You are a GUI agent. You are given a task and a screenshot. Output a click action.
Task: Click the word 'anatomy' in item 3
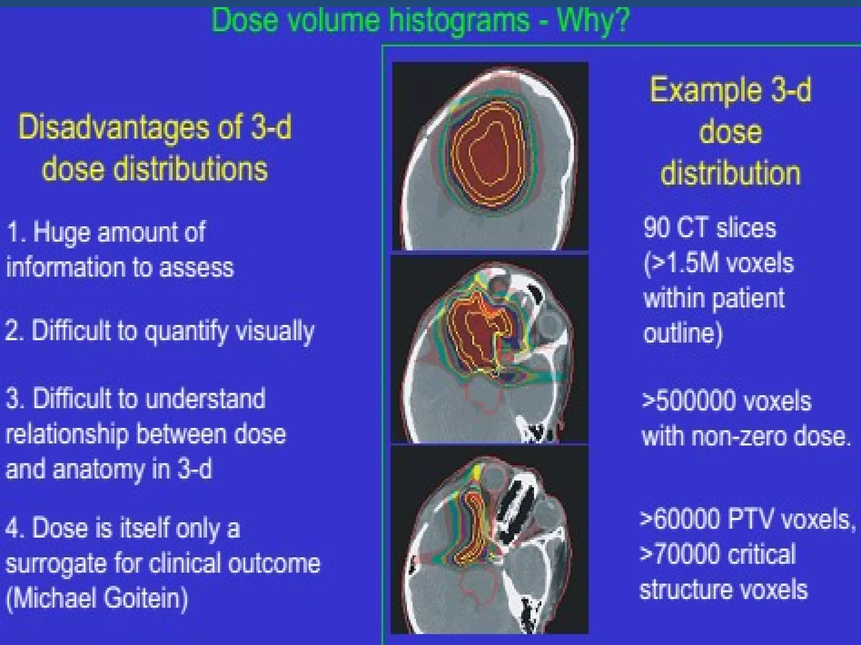click(100, 469)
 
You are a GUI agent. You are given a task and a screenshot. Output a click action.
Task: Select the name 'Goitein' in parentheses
click(145, 598)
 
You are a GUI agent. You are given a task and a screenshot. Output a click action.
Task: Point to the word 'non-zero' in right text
click(740, 436)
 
